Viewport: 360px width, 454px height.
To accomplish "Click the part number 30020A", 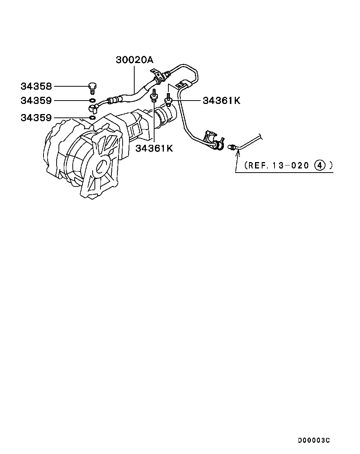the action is [x=134, y=60].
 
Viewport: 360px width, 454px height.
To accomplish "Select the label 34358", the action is [x=36, y=87].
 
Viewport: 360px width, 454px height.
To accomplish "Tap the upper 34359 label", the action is [x=36, y=101].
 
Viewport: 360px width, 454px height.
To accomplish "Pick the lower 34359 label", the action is [x=36, y=118].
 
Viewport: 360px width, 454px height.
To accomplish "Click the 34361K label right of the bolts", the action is [x=221, y=101].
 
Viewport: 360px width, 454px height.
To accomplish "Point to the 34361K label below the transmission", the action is [x=154, y=148].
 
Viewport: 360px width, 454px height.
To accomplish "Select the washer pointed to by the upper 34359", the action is [x=91, y=101].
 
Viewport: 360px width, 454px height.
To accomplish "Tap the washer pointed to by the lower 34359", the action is [x=91, y=118].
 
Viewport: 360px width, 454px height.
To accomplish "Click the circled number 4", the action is [x=319, y=165].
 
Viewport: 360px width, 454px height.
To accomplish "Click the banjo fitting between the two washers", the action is [x=94, y=109].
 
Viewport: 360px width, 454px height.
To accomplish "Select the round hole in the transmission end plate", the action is [x=100, y=168].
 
